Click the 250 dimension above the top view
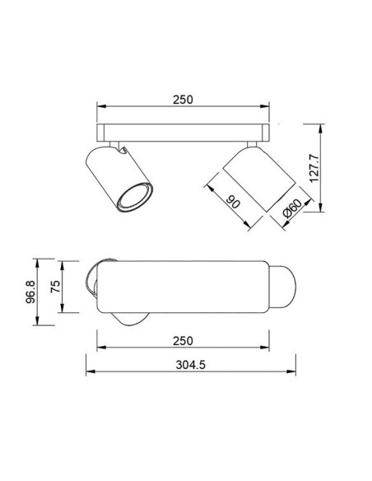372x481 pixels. (183, 100)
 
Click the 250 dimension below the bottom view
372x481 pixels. (183, 341)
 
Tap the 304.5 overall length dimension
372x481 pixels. (190, 365)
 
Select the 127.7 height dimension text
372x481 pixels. (314, 168)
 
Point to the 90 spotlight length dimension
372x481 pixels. (233, 202)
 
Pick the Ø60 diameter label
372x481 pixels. (292, 208)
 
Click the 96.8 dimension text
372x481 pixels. (30, 292)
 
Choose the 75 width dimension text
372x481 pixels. (55, 287)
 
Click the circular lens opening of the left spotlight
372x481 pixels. (135, 197)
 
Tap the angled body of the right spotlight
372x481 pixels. (259, 179)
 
